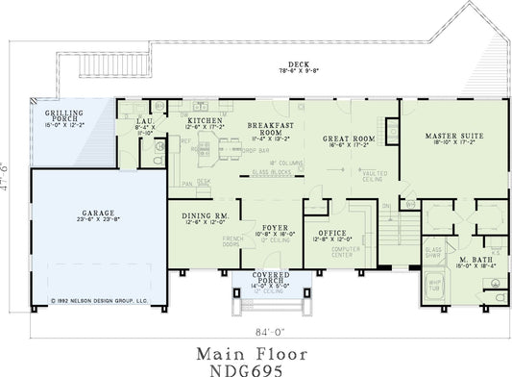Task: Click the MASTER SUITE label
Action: [x=453, y=136]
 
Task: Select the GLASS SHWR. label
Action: [x=433, y=252]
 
